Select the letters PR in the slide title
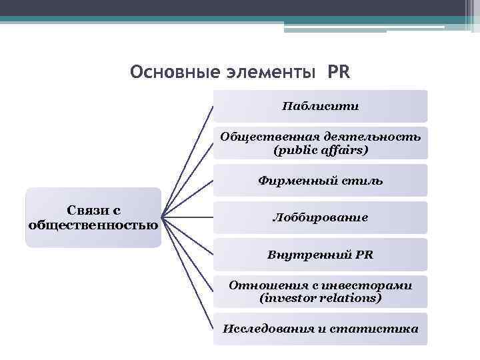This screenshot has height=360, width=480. coord(338,71)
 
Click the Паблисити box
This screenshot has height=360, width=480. coord(320,106)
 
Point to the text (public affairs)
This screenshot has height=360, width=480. coord(320,151)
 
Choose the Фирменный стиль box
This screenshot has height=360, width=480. coord(320,181)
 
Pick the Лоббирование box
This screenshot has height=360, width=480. coord(320,218)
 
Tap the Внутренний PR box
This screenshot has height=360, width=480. coord(320,255)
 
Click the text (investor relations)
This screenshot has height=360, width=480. coord(320,298)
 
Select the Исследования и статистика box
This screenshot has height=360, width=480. coord(320,329)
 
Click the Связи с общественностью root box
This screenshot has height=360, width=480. coord(93,217)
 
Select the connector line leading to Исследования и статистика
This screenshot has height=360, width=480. coord(189,273)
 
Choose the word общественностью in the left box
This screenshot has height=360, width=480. coord(93,225)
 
